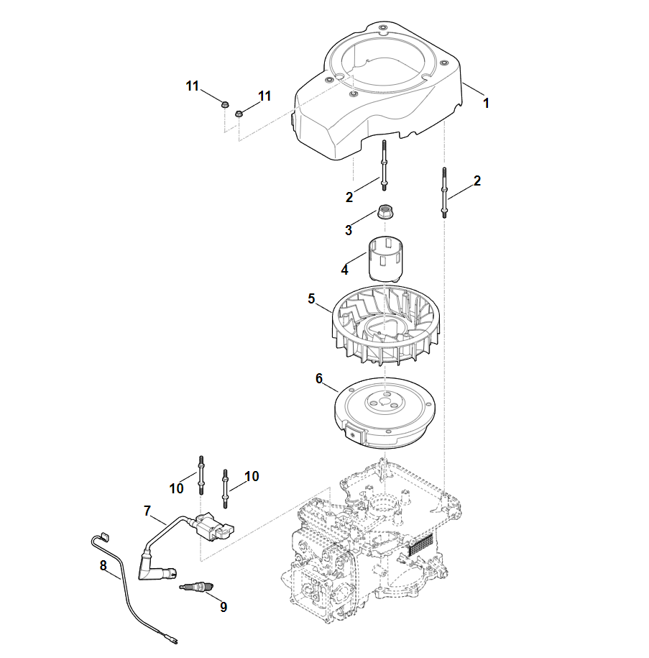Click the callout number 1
tap(486, 103)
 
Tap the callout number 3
tap(349, 230)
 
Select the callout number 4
tap(345, 270)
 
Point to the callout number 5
tap(311, 298)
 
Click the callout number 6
tap(319, 378)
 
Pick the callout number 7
tap(147, 511)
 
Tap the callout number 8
tap(103, 566)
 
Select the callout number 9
tap(224, 607)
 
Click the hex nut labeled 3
tap(386, 212)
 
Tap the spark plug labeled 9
tap(196, 588)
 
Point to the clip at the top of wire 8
tap(102, 535)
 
